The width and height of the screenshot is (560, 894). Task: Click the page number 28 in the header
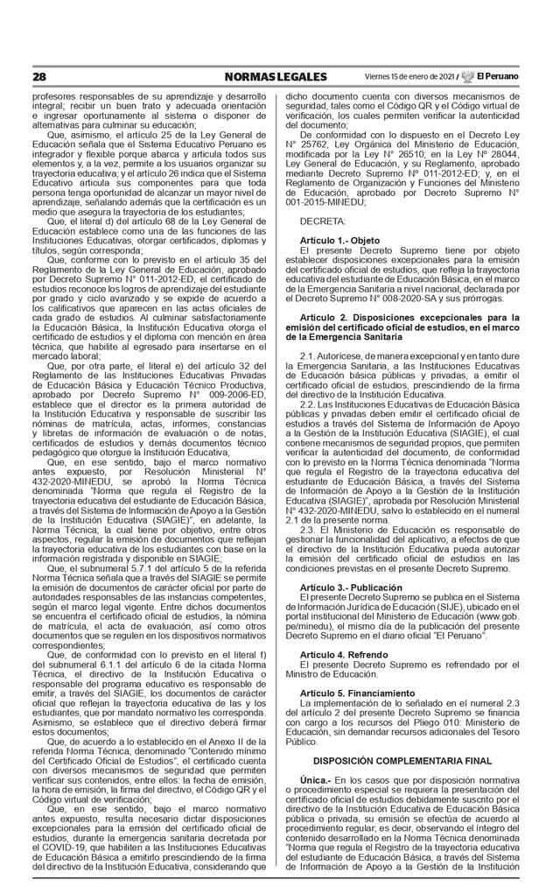coord(39,76)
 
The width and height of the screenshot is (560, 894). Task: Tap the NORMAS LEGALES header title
coord(263,76)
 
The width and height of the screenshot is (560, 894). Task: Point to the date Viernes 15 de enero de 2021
coord(409,76)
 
